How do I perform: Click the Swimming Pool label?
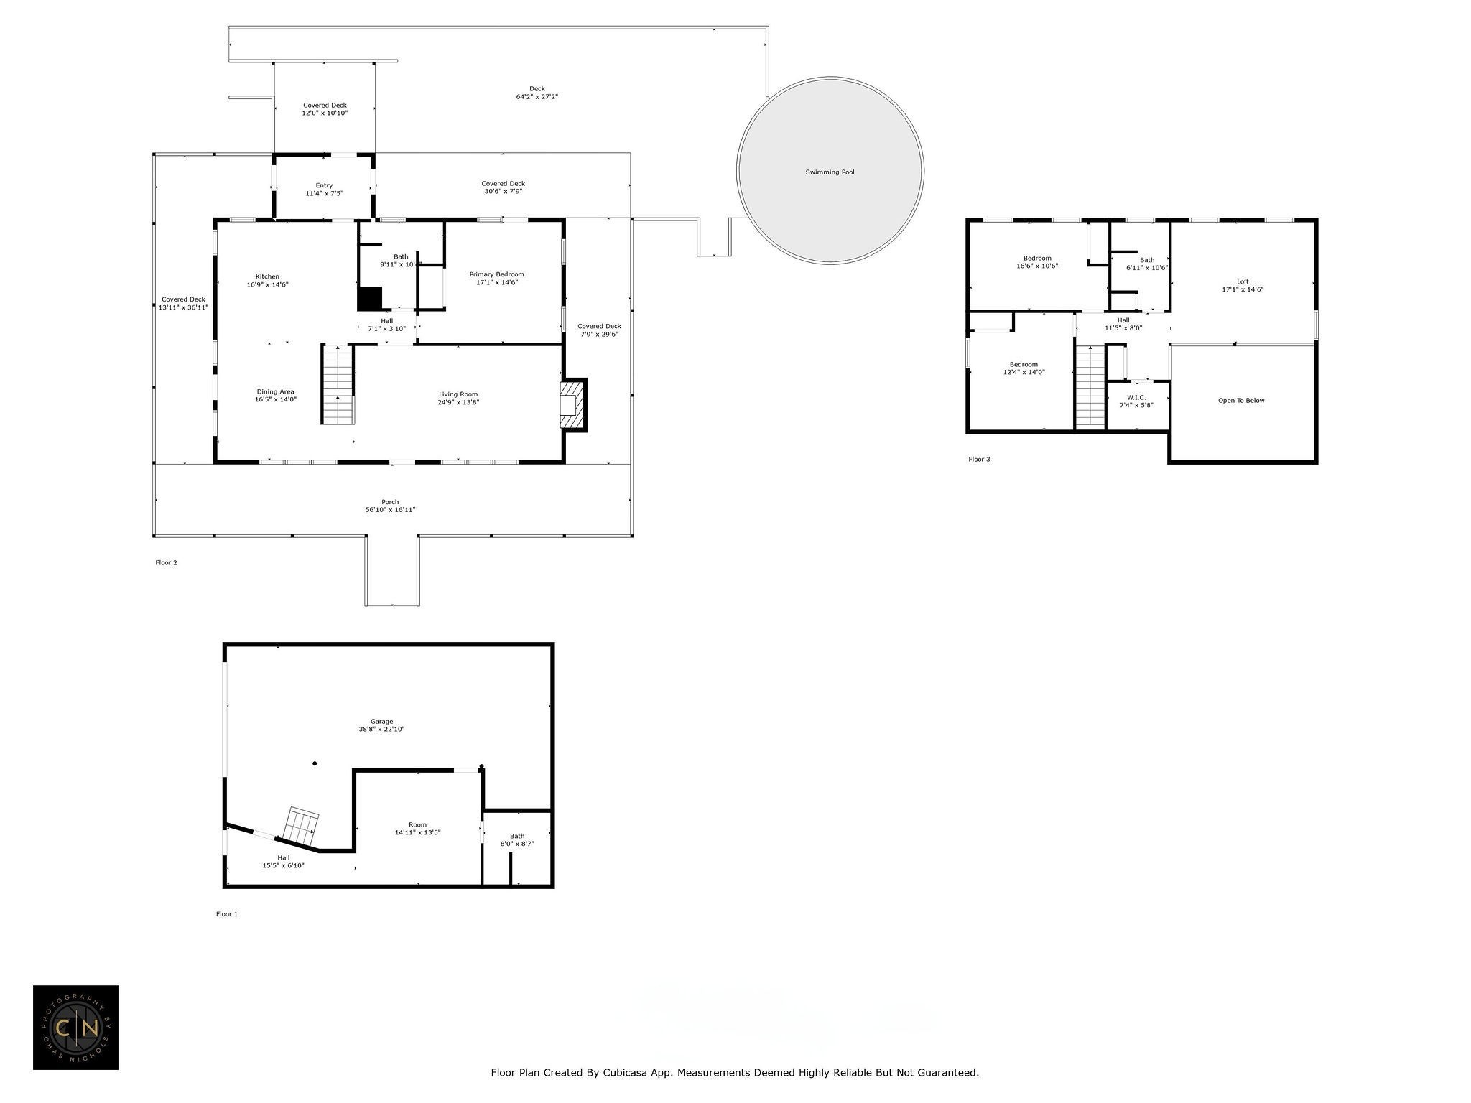coord(830,172)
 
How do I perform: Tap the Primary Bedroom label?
coord(496,274)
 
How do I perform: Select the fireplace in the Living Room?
coord(574,405)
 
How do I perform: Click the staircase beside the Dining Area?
coord(338,384)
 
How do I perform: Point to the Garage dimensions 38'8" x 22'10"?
coord(382,729)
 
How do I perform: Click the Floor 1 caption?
coord(226,914)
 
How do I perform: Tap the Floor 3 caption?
coord(979,460)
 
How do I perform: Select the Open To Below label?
coord(1241,401)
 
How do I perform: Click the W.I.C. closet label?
coord(1136,397)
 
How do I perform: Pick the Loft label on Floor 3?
coord(1243,281)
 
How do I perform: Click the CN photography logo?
coord(75,1028)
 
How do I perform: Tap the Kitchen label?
coord(267,276)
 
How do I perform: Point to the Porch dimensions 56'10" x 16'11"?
coord(390,510)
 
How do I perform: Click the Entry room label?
coord(324,185)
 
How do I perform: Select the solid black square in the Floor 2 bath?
coord(370,298)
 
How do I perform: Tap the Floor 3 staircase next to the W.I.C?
coord(1090,386)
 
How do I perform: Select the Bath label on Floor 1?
coord(517,836)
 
